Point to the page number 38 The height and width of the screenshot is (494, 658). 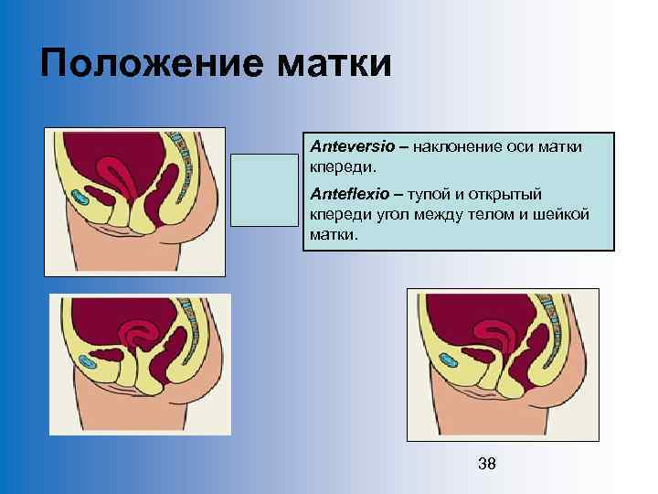[x=487, y=464]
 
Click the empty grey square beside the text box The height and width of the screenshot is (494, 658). [x=263, y=189]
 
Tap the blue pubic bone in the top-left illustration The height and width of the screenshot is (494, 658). [x=80, y=197]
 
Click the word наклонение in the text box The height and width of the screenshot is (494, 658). [x=455, y=145]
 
